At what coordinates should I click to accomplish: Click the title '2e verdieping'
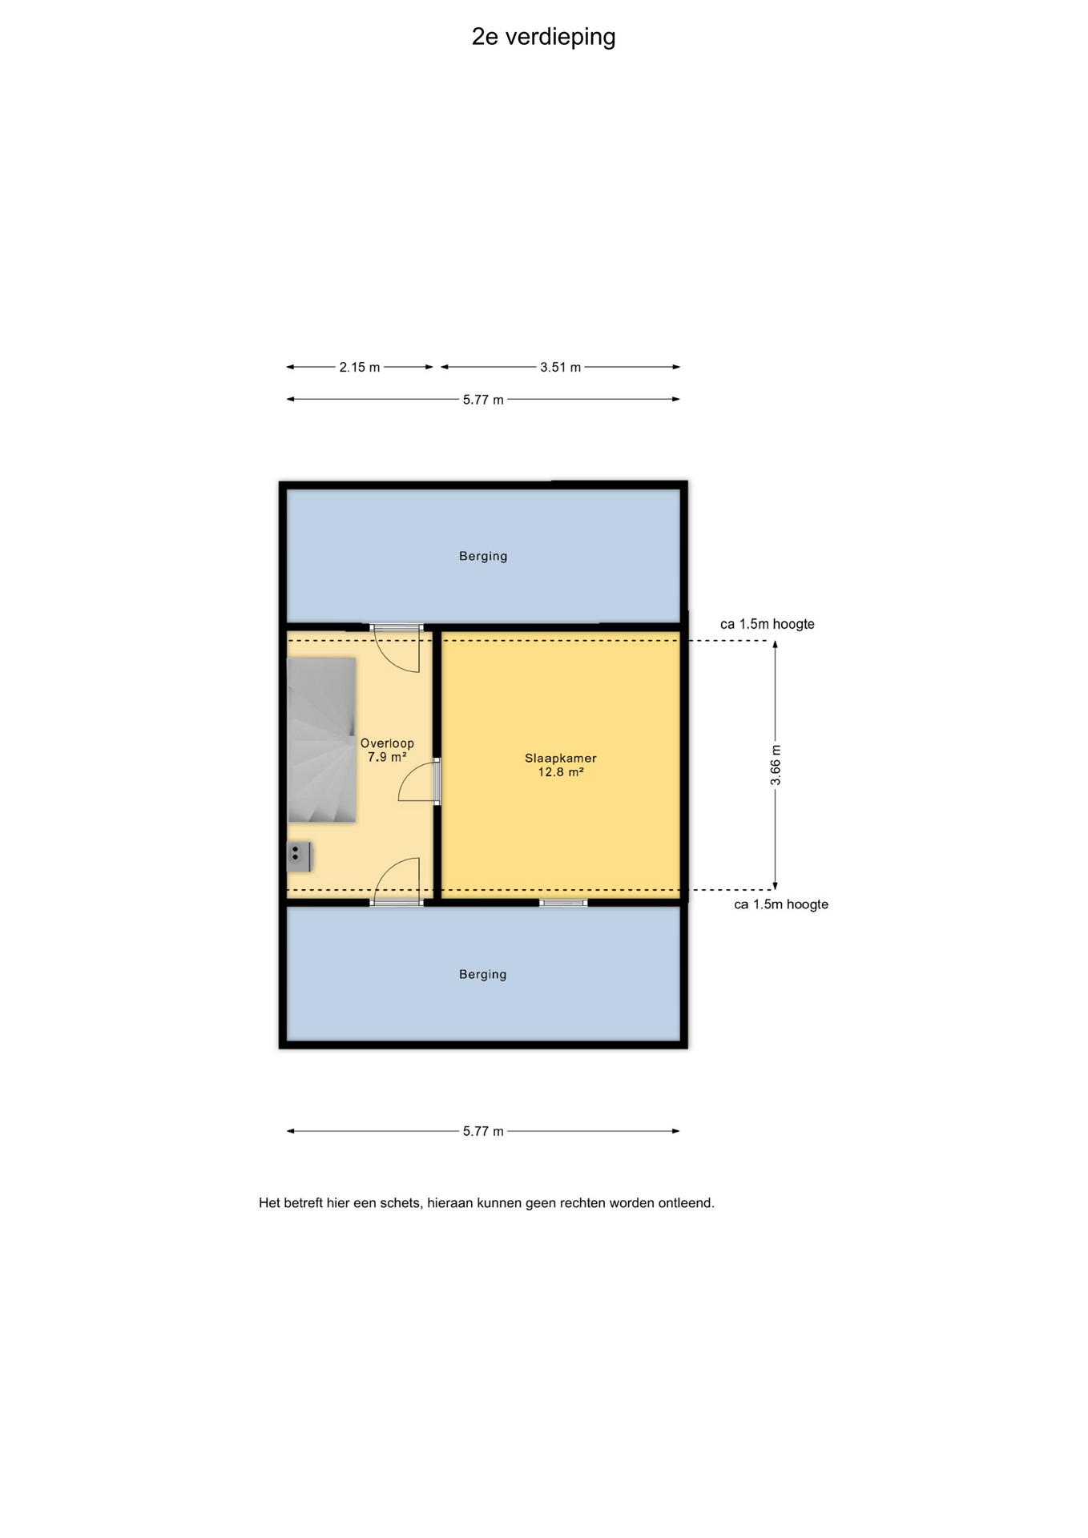543,38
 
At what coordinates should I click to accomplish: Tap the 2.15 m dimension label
360,368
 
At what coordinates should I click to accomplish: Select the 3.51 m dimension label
560,368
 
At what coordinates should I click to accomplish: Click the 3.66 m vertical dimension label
776,765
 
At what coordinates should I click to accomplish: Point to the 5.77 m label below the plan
483,1131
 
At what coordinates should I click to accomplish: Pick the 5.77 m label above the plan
483,400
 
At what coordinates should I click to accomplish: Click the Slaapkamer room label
561,758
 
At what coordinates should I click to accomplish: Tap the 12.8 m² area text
561,772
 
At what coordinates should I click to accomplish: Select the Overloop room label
387,743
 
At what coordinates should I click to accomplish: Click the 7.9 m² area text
387,757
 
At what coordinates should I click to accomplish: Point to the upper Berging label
483,556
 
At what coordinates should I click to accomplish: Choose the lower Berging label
482,974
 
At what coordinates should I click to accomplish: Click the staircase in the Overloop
321,740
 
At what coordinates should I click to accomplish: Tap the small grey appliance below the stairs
300,857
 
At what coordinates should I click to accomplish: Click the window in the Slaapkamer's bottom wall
563,903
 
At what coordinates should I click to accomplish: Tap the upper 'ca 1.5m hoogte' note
768,624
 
